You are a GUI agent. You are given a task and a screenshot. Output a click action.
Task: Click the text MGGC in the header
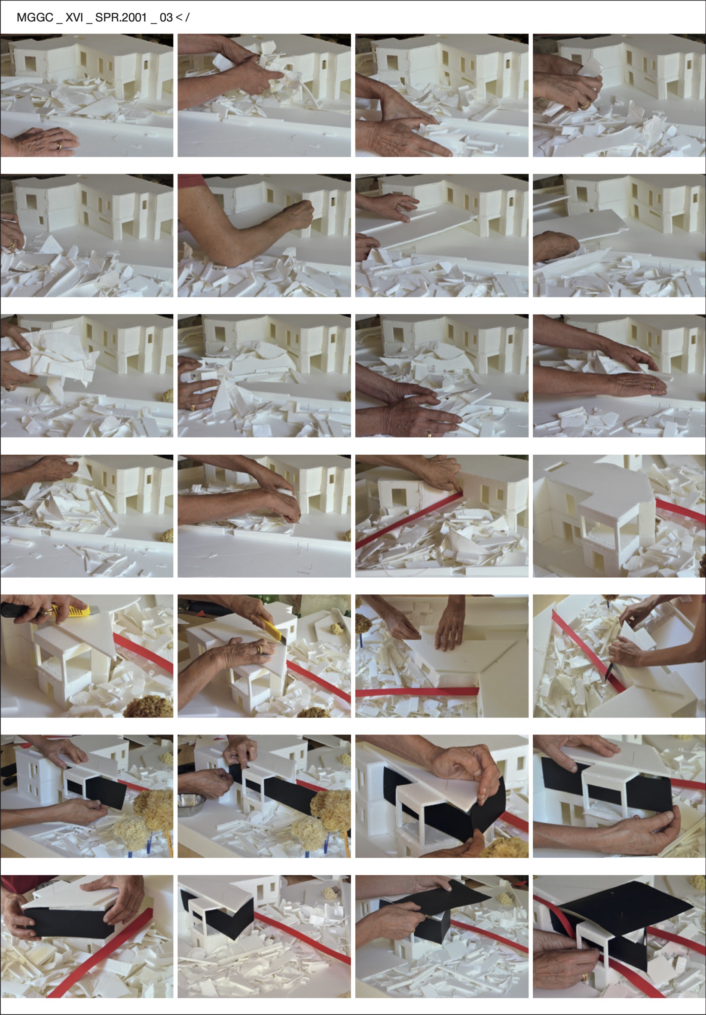coord(34,18)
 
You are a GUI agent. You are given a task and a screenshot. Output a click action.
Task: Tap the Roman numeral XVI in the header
coord(74,18)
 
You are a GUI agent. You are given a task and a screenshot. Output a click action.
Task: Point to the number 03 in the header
coord(166,18)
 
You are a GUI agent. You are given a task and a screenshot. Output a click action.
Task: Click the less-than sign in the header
coord(179,18)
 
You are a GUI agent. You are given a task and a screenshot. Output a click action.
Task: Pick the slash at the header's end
coord(187,18)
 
